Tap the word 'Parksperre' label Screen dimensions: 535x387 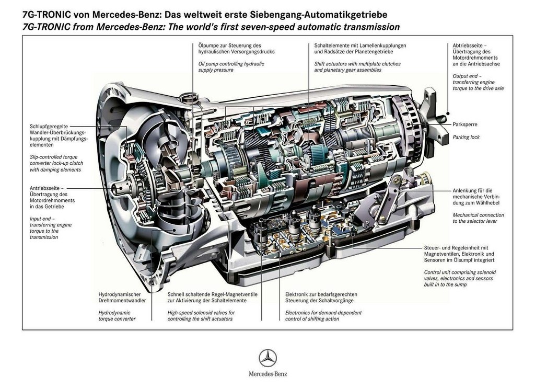click(x=464, y=124)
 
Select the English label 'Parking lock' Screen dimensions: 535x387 click(x=466, y=137)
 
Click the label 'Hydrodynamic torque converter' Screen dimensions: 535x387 click(x=117, y=315)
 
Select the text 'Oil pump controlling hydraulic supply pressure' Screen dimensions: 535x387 click(x=231, y=67)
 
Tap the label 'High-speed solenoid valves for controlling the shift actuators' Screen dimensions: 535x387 click(x=201, y=315)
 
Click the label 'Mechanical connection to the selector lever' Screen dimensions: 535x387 click(x=478, y=218)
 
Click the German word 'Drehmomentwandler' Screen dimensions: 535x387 click(x=122, y=301)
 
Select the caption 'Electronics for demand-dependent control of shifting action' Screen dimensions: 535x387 click(x=323, y=315)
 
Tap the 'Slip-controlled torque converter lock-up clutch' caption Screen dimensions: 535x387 click(x=56, y=163)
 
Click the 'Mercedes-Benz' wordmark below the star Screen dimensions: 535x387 click(x=268, y=374)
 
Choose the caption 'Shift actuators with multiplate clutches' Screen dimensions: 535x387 click(x=357, y=64)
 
